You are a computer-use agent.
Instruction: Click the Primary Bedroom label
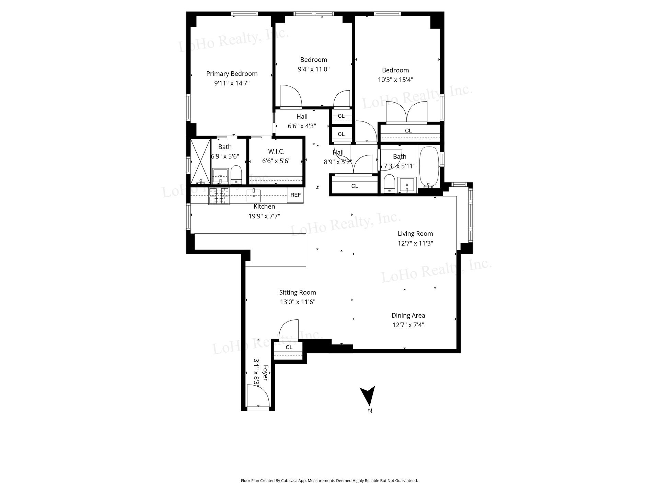pyautogui.click(x=232, y=74)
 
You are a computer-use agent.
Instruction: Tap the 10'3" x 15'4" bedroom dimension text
pyautogui.click(x=395, y=80)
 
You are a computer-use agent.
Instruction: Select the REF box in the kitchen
pyautogui.click(x=296, y=195)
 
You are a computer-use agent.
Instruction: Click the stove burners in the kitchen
pyautogui.click(x=219, y=196)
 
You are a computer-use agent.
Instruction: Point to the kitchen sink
pyautogui.click(x=254, y=196)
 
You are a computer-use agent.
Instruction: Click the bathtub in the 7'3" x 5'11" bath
pyautogui.click(x=429, y=167)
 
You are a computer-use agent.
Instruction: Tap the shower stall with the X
pyautogui.click(x=200, y=161)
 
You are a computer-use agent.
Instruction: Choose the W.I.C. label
pyautogui.click(x=276, y=151)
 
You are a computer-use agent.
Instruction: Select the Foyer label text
pyautogui.click(x=265, y=373)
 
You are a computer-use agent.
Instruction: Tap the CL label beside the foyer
pyautogui.click(x=289, y=347)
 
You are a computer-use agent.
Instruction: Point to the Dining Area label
pyautogui.click(x=408, y=316)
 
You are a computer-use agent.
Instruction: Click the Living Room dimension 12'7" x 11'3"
pyautogui.click(x=415, y=244)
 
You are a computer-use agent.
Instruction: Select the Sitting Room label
pyautogui.click(x=298, y=292)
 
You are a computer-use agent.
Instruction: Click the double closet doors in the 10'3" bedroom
pyautogui.click(x=407, y=113)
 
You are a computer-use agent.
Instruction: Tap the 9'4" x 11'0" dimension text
pyautogui.click(x=314, y=69)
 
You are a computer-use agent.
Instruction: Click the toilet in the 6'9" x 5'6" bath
pyautogui.click(x=236, y=175)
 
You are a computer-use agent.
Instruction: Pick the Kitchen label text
pyautogui.click(x=264, y=207)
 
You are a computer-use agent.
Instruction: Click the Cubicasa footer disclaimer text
pyautogui.click(x=329, y=481)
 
